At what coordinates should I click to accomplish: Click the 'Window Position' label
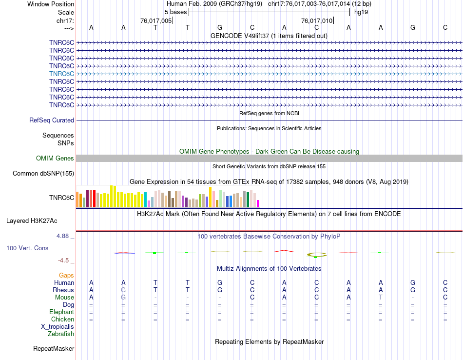(51, 4)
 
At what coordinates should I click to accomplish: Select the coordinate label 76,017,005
(156, 20)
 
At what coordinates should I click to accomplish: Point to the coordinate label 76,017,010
(317, 20)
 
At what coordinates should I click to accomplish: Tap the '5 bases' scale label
(175, 12)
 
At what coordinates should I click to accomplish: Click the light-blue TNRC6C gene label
(61, 74)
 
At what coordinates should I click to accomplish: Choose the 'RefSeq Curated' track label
(52, 120)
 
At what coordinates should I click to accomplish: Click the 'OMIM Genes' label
(55, 158)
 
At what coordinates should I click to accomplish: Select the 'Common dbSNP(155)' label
(43, 174)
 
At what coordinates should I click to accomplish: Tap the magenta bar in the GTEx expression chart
(258, 203)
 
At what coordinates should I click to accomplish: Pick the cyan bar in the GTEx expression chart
(145, 200)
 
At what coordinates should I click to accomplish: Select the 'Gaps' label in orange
(66, 276)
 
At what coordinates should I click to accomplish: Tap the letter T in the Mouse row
(381, 298)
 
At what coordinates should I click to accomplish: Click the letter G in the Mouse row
(123, 298)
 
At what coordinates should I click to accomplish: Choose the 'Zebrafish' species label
(61, 334)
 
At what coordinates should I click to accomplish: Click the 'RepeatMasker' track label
(54, 349)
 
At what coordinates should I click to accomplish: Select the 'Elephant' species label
(61, 312)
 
